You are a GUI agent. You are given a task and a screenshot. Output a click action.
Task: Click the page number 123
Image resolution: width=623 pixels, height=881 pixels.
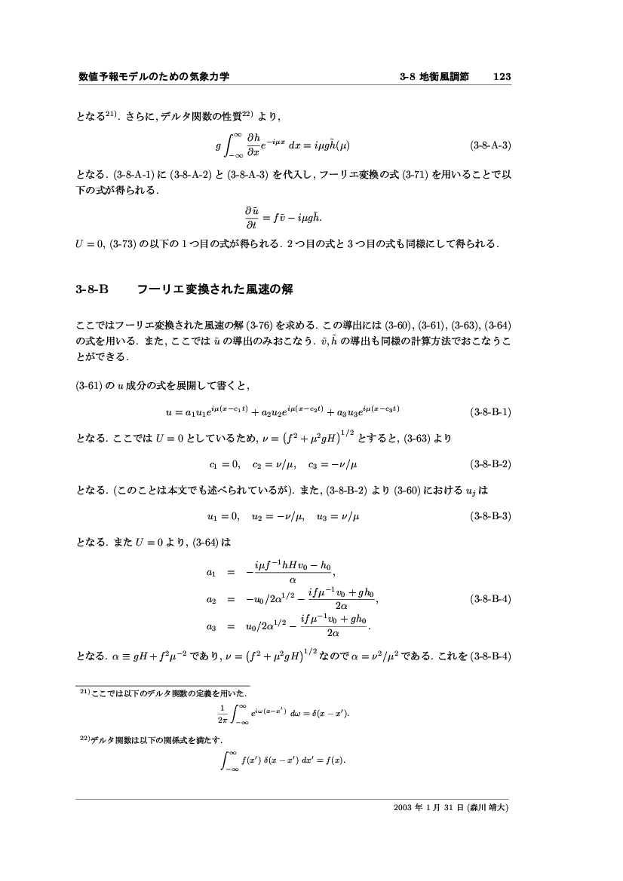(x=502, y=76)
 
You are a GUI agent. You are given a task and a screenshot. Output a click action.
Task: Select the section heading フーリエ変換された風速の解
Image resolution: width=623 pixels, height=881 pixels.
(x=204, y=289)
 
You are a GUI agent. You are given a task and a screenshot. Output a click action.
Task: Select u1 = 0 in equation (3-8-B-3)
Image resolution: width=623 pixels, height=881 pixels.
(x=222, y=517)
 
